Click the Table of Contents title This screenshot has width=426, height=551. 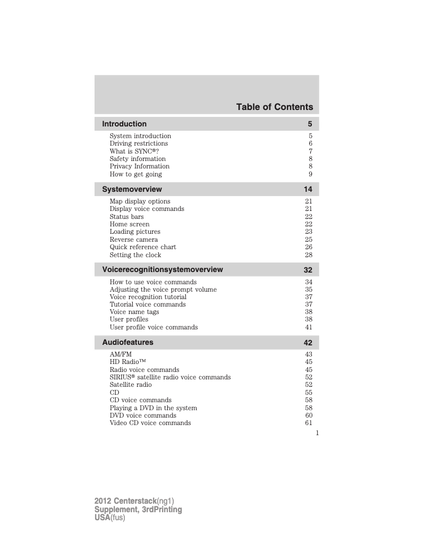275,107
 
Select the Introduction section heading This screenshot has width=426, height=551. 124,124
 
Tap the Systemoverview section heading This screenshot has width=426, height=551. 132,189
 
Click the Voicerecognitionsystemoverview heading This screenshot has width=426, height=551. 163,269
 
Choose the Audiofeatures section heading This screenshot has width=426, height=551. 127,343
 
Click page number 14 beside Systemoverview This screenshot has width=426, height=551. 308,190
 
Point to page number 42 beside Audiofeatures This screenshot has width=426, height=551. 308,343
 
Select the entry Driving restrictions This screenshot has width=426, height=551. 139,143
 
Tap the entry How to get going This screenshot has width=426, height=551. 136,174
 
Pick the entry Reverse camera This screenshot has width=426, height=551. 134,240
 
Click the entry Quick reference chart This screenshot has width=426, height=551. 143,247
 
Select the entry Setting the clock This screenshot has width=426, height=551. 135,255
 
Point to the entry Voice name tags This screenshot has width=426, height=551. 134,312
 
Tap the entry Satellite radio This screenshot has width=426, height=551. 131,385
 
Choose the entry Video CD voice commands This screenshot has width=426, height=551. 150,423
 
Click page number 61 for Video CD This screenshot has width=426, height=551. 309,423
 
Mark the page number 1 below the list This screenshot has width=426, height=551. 317,433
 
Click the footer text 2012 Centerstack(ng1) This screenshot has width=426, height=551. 134,501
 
